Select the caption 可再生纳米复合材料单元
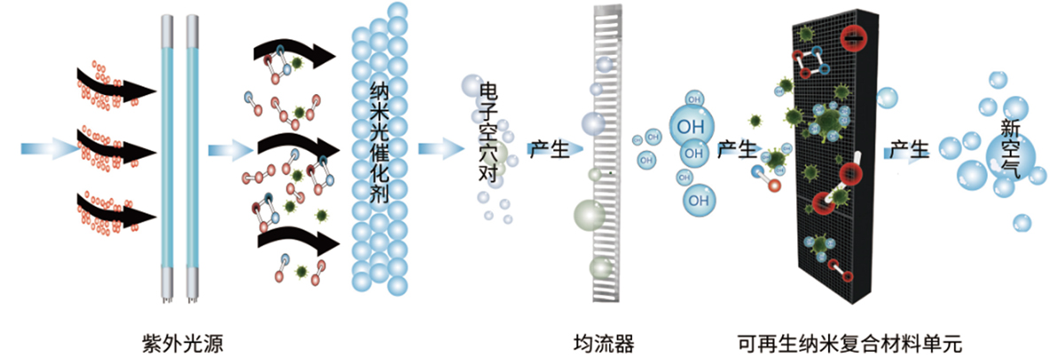coord(849,341)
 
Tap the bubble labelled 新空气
coord(1011,151)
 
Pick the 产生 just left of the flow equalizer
coord(549,150)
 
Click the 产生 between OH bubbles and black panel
coord(736,150)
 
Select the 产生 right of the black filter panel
coord(909,150)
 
